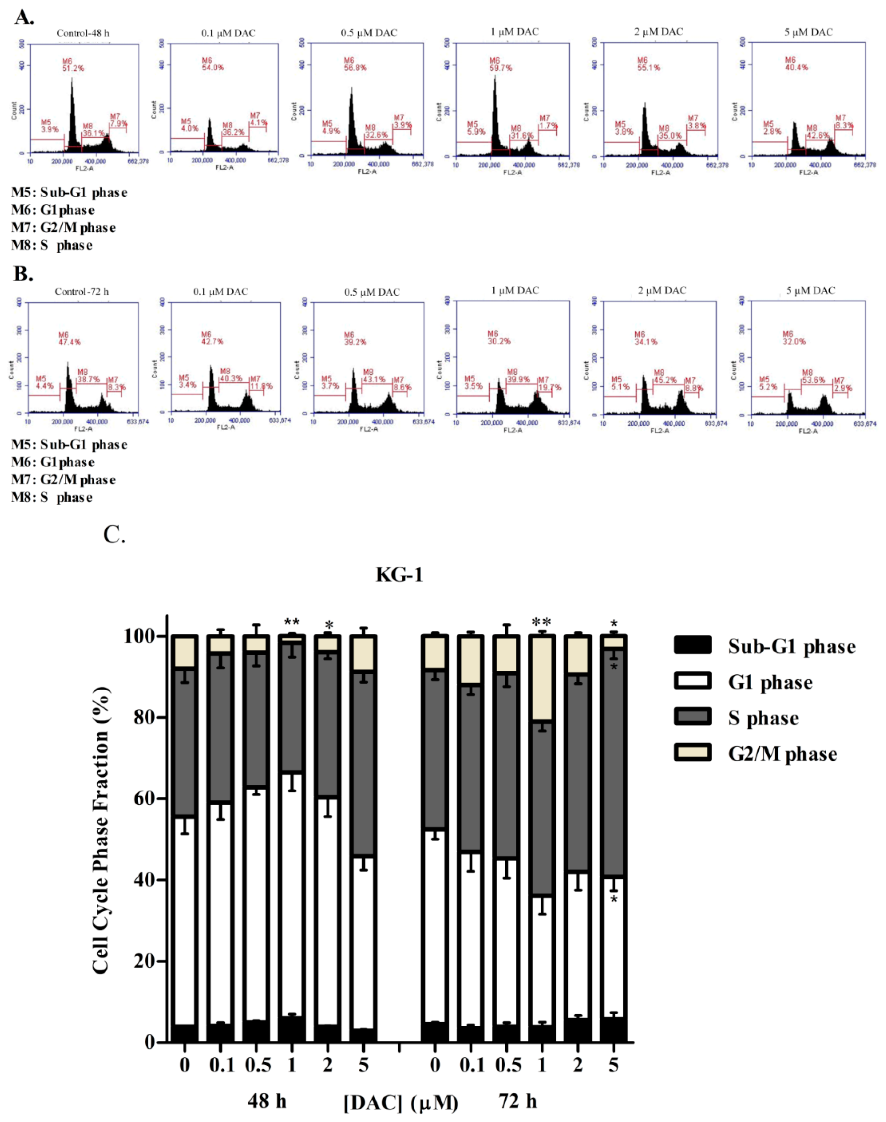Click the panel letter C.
click(115, 534)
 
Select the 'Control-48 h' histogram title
click(83, 33)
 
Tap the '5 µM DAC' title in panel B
click(810, 290)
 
